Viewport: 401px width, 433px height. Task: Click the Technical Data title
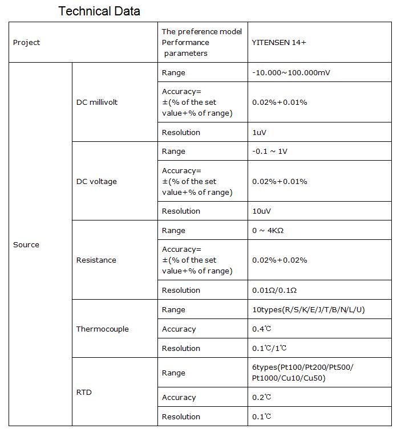pyautogui.click(x=99, y=11)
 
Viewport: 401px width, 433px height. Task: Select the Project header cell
pyautogui.click(x=27, y=43)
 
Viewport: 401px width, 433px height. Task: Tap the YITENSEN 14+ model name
pyautogui.click(x=279, y=43)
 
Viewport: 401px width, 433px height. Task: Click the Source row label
pyautogui.click(x=26, y=245)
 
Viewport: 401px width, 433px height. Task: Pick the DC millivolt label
pyautogui.click(x=97, y=103)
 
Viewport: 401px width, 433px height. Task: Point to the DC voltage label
pyautogui.click(x=96, y=182)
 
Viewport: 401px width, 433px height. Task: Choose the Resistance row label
pyautogui.click(x=96, y=260)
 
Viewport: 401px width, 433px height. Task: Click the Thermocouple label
pyautogui.click(x=103, y=329)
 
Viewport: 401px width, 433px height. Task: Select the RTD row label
pyautogui.click(x=84, y=393)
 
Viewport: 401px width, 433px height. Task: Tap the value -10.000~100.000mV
pyautogui.click(x=290, y=73)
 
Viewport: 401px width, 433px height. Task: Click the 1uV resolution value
pyautogui.click(x=260, y=133)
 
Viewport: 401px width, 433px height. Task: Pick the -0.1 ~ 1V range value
pyautogui.click(x=270, y=152)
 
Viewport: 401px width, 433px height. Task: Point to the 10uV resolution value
pyautogui.click(x=261, y=211)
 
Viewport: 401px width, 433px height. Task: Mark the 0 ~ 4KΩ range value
pyautogui.click(x=268, y=231)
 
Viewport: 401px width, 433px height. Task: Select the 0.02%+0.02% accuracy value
pyautogui.click(x=280, y=260)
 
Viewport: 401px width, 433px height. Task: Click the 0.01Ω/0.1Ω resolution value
pyautogui.click(x=274, y=291)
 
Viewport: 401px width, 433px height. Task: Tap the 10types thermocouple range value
pyautogui.click(x=308, y=310)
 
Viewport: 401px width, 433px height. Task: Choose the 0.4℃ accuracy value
pyautogui.click(x=262, y=329)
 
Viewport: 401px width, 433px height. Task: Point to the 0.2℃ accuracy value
pyautogui.click(x=262, y=398)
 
